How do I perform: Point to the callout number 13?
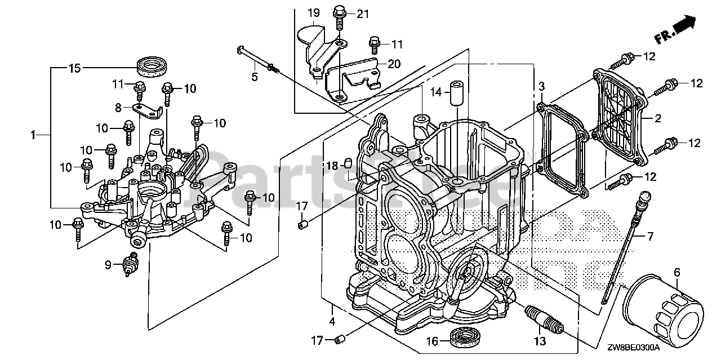pyautogui.click(x=540, y=341)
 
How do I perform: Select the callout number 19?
pyautogui.click(x=314, y=12)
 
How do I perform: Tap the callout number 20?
pyautogui.click(x=394, y=64)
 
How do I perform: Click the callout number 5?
pyautogui.click(x=255, y=77)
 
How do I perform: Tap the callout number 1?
pyautogui.click(x=33, y=135)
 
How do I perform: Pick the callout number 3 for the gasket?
pyautogui.click(x=541, y=86)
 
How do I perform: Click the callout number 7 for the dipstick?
pyautogui.click(x=650, y=235)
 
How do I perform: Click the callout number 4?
pyautogui.click(x=332, y=322)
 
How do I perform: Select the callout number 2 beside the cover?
pyautogui.click(x=657, y=118)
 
